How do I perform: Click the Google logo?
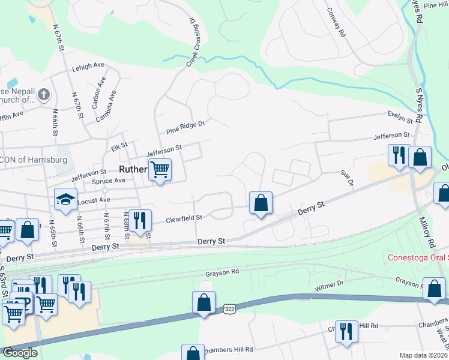point(19,353)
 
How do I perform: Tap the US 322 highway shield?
point(228,308)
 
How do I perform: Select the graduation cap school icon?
point(66,199)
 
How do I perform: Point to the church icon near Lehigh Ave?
point(44,94)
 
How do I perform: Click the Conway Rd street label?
point(336,22)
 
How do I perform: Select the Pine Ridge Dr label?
point(185,127)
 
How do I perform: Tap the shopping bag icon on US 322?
point(204,302)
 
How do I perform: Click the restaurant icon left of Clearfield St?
point(139,220)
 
